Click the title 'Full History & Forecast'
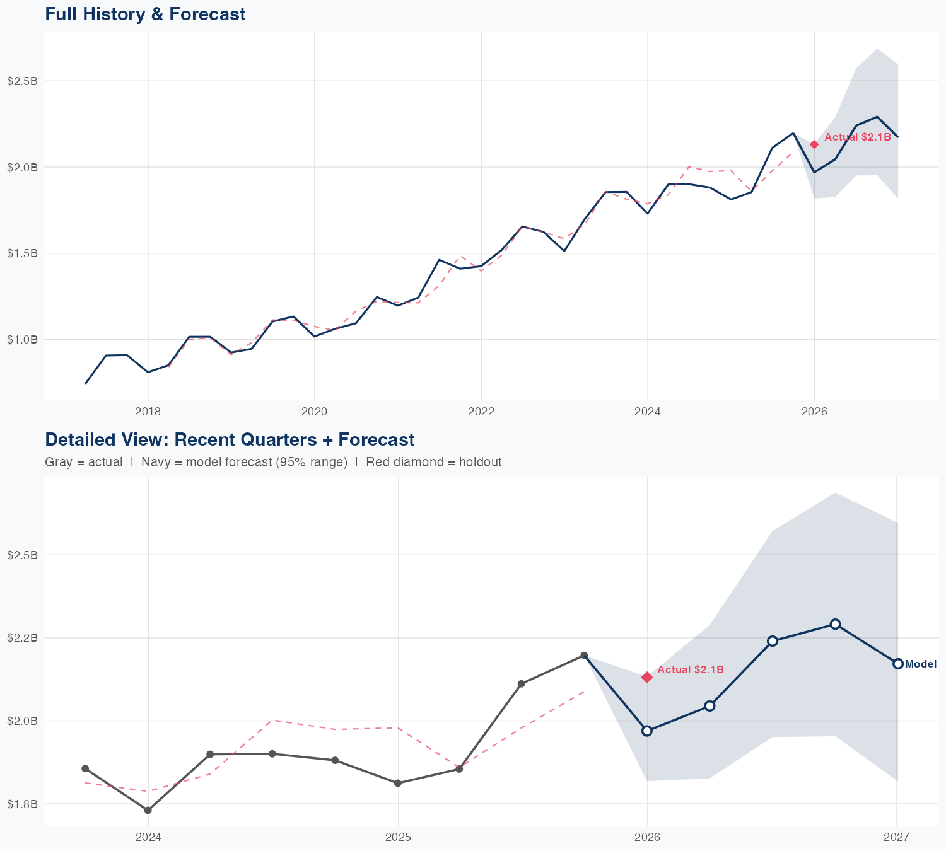145,14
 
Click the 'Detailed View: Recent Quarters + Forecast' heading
230,439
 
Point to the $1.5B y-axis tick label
22,253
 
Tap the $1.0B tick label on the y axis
22,340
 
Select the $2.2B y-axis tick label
22,638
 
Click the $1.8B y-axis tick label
22,804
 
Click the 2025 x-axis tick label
398,837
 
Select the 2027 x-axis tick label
896,837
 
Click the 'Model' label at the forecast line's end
921,664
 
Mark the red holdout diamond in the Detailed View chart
646,677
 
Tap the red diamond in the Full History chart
814,144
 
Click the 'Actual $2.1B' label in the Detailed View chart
690,670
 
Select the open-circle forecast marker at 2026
646,731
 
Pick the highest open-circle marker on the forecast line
835,624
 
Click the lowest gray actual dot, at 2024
148,811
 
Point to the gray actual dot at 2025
398,784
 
